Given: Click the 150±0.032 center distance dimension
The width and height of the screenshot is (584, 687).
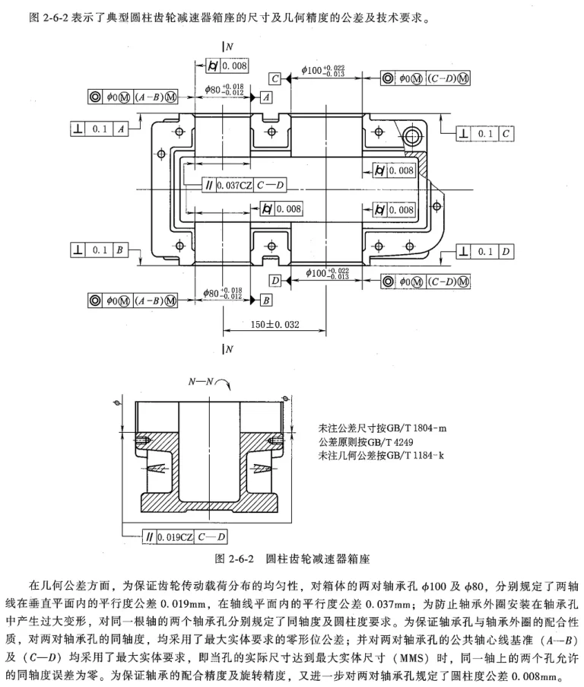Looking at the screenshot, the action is click(x=275, y=325).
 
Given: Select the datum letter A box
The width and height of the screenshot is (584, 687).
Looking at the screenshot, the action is click(x=266, y=97).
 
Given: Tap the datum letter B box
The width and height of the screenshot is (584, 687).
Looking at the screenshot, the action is click(x=265, y=300).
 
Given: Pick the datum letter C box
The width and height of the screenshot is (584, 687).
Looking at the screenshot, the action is click(x=275, y=79).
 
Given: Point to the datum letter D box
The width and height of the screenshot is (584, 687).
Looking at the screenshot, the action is click(x=275, y=281).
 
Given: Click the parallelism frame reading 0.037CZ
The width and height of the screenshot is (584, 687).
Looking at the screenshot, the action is click(x=244, y=185).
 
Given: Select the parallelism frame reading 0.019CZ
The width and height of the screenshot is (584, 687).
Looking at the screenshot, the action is click(x=186, y=536).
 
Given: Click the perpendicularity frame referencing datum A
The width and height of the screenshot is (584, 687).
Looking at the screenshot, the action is click(x=100, y=129).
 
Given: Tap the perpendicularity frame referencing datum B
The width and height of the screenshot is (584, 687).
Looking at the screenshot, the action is click(x=100, y=250).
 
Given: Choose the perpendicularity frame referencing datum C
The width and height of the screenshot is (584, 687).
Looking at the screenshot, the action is click(x=484, y=134).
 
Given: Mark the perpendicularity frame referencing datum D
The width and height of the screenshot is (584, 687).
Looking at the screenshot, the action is click(x=484, y=252).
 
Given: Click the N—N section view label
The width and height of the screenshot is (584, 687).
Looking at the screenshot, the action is click(x=201, y=382).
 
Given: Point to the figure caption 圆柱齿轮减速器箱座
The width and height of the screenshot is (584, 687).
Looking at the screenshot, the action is click(x=318, y=558).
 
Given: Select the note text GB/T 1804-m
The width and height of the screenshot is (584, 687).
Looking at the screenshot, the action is click(x=417, y=428).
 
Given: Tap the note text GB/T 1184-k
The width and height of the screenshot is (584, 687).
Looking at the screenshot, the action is click(x=415, y=455).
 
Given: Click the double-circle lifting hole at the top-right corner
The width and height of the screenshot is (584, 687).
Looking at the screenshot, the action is click(x=411, y=135).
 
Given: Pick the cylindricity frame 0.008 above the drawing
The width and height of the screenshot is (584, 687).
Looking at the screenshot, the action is click(x=227, y=66).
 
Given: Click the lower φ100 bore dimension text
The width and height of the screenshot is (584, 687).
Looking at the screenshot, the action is click(x=328, y=273).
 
